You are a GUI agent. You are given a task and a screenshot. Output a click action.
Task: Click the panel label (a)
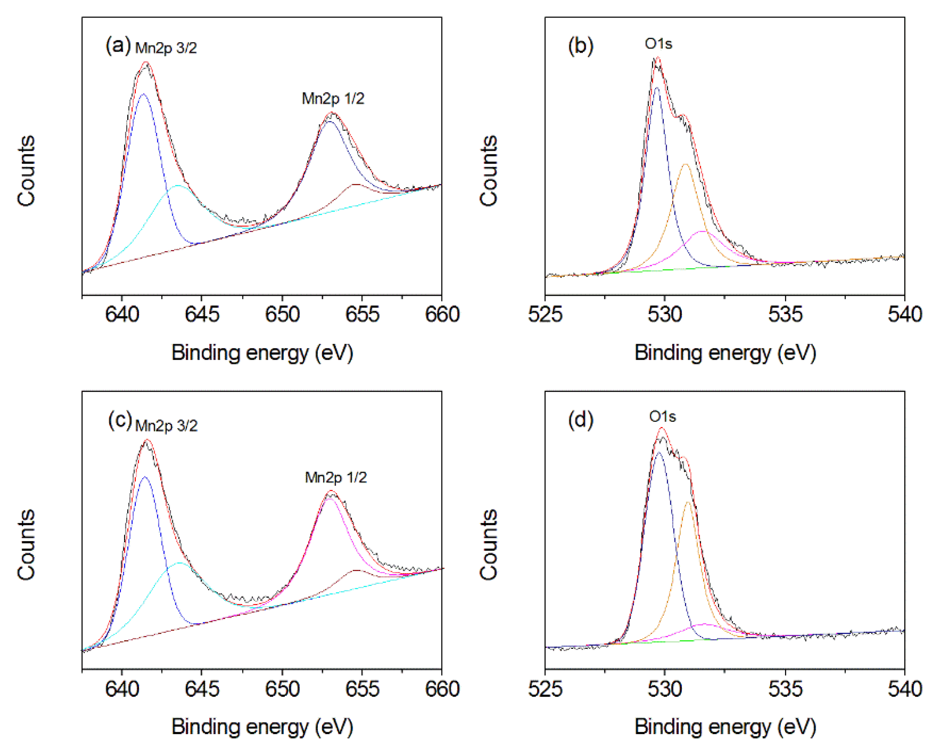(x=118, y=45)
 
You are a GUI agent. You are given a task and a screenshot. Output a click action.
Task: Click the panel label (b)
(x=580, y=45)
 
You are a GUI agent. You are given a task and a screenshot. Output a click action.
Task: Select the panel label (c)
(x=120, y=420)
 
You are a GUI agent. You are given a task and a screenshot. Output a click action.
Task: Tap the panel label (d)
(x=580, y=420)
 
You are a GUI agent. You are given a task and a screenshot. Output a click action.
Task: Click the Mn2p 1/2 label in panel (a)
(x=333, y=99)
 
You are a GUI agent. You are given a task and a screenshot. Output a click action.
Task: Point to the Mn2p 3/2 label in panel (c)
(x=166, y=425)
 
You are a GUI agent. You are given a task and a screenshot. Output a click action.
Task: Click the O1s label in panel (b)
(x=658, y=44)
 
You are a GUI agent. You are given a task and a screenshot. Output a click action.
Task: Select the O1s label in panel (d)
(x=662, y=417)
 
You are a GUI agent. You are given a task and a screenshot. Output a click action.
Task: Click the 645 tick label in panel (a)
(x=202, y=314)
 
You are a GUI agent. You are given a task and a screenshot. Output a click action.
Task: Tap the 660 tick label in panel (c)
(x=442, y=689)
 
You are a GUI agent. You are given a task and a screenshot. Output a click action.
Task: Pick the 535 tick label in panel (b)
(x=785, y=314)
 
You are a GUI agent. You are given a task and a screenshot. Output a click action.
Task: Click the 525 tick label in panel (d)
(x=545, y=689)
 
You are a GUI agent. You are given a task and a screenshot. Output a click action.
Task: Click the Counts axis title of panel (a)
(x=26, y=170)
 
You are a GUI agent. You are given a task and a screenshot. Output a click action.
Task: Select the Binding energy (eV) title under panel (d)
(x=725, y=726)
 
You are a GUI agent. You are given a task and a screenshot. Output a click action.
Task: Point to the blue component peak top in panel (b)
(x=657, y=88)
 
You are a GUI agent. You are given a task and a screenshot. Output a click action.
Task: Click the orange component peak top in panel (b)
(x=685, y=164)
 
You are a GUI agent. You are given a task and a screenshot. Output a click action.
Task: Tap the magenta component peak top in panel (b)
(x=702, y=231)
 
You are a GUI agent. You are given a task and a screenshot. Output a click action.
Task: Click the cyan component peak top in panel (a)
(x=178, y=186)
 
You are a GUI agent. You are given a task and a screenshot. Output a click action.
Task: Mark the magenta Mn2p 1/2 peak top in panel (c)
(x=330, y=498)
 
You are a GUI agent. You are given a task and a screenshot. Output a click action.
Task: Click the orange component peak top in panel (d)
(x=688, y=502)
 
